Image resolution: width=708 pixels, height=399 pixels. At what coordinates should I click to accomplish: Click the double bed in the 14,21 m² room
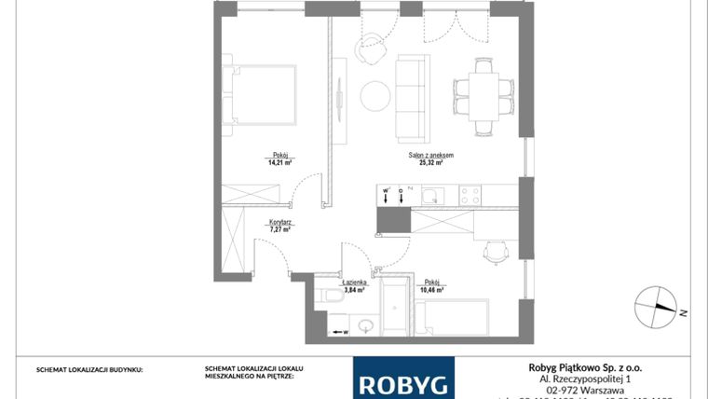pos(261,94)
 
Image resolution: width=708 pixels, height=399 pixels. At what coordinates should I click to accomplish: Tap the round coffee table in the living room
pos(375,94)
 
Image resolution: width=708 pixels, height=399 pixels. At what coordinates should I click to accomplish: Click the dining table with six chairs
pos(483,94)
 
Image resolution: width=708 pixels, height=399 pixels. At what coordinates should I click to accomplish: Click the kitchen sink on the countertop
pos(430,195)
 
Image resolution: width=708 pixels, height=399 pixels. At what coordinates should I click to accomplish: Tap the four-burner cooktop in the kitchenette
pos(470,196)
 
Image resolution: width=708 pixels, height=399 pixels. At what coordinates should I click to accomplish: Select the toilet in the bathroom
pos(331,297)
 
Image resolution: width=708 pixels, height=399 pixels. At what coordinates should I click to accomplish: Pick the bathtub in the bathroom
pos(395,309)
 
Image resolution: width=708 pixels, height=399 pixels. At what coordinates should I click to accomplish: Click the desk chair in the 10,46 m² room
pos(496,251)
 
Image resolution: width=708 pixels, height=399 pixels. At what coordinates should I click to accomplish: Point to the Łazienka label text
pos(354,282)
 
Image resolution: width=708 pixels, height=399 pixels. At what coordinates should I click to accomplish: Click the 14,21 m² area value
pos(279,161)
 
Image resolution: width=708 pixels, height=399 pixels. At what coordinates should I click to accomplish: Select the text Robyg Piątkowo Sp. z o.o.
pos(580,368)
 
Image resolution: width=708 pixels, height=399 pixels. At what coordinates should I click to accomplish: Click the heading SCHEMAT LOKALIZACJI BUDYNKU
pos(89,369)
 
